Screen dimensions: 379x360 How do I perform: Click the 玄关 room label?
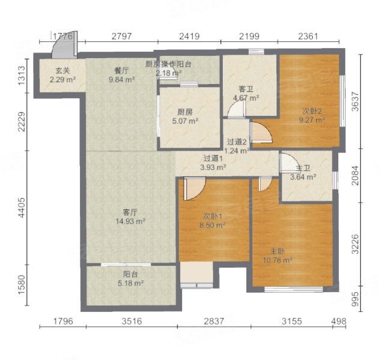pyautogui.click(x=62, y=71)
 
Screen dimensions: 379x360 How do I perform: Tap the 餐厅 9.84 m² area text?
pyautogui.click(x=121, y=80)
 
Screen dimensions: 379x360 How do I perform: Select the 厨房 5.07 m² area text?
pyautogui.click(x=185, y=121)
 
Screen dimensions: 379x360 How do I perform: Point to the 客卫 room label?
pyautogui.click(x=246, y=89)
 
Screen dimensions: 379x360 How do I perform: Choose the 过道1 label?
pyautogui.click(x=213, y=158)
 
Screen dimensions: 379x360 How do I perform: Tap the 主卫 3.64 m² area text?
pyautogui.click(x=303, y=177)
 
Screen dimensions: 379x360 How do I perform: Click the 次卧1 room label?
pyautogui.click(x=213, y=217)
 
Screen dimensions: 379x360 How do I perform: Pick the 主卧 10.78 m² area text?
pyautogui.click(x=277, y=260)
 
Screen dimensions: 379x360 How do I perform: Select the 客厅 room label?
pyautogui.click(x=130, y=212)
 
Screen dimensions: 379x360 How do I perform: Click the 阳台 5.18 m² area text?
pyautogui.click(x=131, y=283)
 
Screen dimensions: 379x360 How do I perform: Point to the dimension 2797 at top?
pyautogui.click(x=122, y=36)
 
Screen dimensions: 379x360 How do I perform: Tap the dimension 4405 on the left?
pyautogui.click(x=22, y=208)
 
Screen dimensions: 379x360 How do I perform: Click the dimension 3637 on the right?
pyautogui.click(x=356, y=101)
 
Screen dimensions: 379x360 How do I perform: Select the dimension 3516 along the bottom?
pyautogui.click(x=132, y=322)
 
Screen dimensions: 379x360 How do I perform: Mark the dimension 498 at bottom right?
pyautogui.click(x=338, y=322)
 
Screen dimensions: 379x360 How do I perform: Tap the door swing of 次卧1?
pyautogui.click(x=195, y=188)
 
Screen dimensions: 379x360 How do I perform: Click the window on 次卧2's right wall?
pyautogui.click(x=342, y=101)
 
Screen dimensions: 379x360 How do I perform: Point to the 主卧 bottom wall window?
pyautogui.click(x=294, y=289)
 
